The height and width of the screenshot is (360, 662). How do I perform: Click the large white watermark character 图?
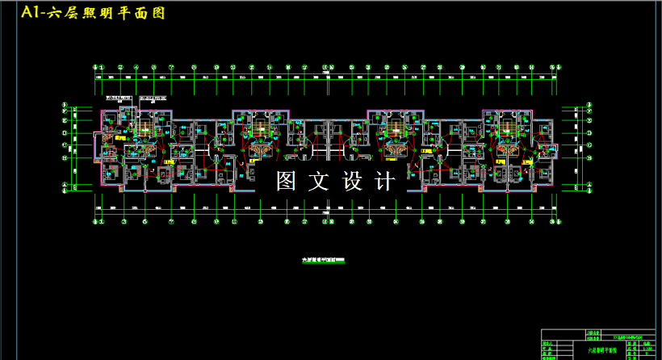click(x=287, y=182)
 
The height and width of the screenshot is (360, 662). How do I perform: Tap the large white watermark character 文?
click(x=321, y=182)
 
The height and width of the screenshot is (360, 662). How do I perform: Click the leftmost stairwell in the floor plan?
click(x=145, y=126)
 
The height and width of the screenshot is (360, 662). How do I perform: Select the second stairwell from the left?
click(x=260, y=126)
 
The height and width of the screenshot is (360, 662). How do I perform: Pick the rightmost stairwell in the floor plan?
click(x=508, y=126)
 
